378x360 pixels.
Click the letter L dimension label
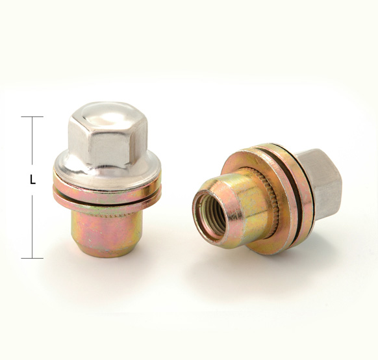coord(32,180)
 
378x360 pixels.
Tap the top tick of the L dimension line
coord(32,117)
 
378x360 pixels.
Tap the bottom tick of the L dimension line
coord(32,258)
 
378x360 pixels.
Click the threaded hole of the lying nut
coord(211,216)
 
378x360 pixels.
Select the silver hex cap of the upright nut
coord(108,135)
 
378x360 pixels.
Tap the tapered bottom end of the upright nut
coord(107,251)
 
